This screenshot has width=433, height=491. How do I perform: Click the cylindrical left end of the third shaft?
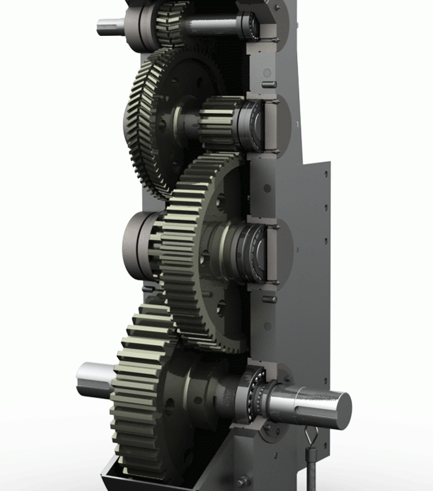[137, 243]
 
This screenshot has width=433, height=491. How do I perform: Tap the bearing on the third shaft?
[256, 250]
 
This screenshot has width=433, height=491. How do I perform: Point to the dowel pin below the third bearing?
[269, 299]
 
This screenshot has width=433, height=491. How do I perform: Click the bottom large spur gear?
[140, 393]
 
